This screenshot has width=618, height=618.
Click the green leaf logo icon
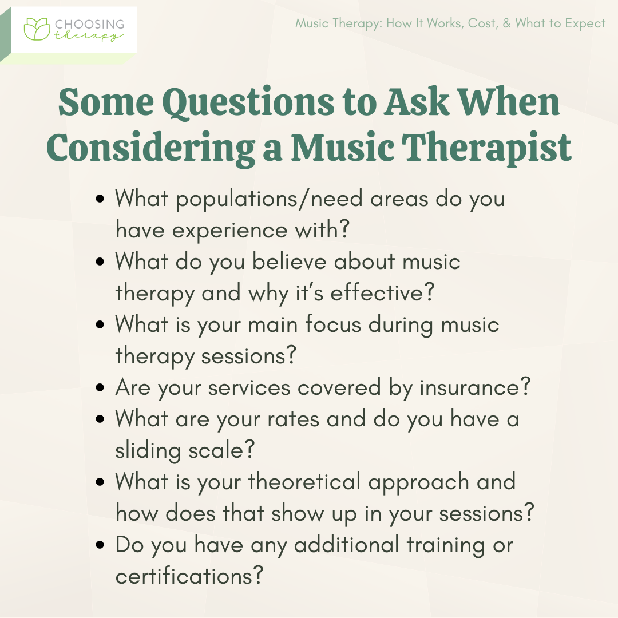(37, 29)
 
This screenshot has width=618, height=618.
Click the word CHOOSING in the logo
(89, 25)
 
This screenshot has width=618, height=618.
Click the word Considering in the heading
(150, 148)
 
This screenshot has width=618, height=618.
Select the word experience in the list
(230, 230)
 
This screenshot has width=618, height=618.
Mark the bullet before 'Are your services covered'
(100, 387)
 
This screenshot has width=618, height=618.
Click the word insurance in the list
(470, 387)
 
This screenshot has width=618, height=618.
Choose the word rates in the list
(293, 419)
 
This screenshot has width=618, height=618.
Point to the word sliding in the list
(148, 450)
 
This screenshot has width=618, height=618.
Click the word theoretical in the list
(304, 482)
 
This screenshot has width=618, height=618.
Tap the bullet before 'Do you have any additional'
(100, 545)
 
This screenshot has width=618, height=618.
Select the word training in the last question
(446, 545)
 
